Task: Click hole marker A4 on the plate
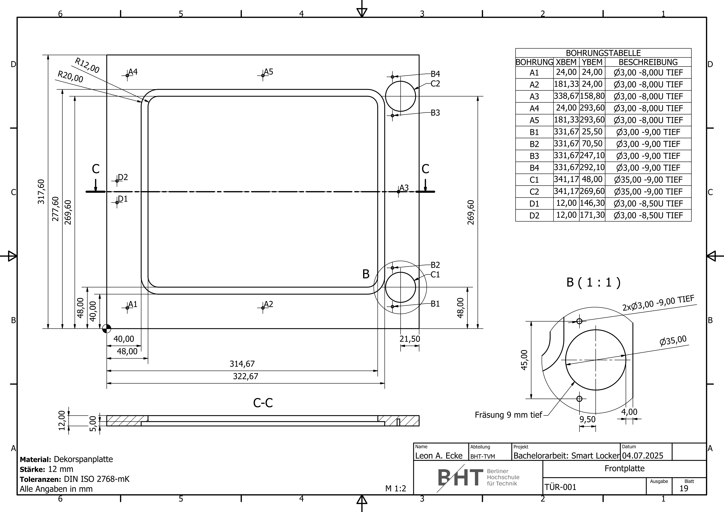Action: click(x=127, y=75)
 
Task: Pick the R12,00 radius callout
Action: click(x=87, y=65)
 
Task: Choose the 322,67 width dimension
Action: click(x=246, y=376)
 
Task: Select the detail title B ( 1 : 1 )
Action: click(x=593, y=282)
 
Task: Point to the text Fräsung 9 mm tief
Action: click(x=508, y=415)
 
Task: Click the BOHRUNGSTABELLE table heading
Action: click(x=603, y=53)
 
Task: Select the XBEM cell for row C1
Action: click(x=566, y=180)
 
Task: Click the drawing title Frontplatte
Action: click(x=624, y=469)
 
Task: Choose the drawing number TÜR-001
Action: click(x=560, y=487)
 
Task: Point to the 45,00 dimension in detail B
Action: click(x=524, y=360)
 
